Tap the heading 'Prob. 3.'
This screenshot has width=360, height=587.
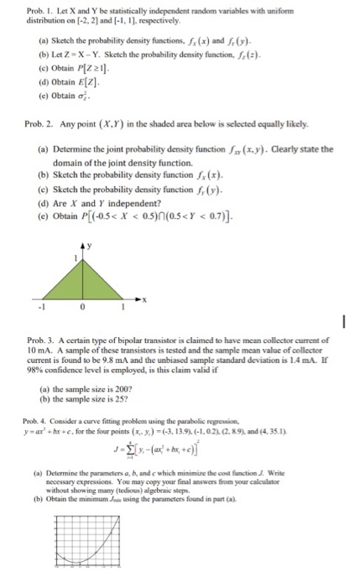click(x=43, y=338)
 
